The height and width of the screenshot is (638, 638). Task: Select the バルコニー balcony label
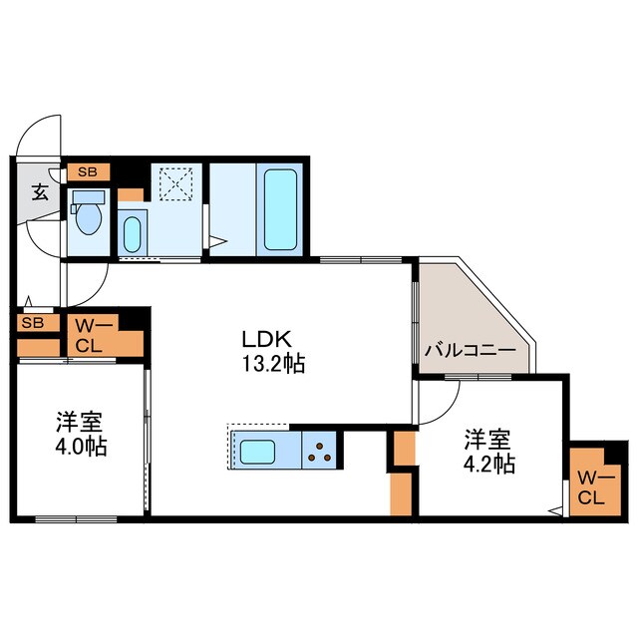pyautogui.click(x=470, y=351)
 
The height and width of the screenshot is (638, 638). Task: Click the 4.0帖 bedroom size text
pyautogui.click(x=81, y=445)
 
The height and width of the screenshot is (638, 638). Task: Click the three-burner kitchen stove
pyautogui.click(x=320, y=452)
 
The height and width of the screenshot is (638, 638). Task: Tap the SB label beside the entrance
pyautogui.click(x=88, y=171)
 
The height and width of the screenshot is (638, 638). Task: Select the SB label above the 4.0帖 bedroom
pyautogui.click(x=32, y=323)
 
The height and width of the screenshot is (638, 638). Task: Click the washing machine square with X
pyautogui.click(x=177, y=184)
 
